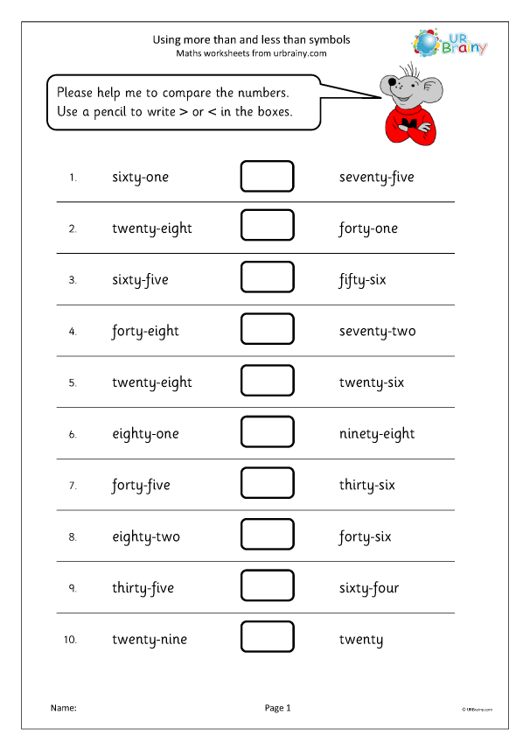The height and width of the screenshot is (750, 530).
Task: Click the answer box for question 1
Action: click(x=267, y=177)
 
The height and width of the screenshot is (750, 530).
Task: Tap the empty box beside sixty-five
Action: click(x=267, y=279)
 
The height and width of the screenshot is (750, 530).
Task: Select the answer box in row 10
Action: click(x=267, y=639)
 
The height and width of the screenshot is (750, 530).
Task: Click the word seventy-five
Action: click(x=376, y=177)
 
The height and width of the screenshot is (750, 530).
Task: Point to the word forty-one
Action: click(x=368, y=228)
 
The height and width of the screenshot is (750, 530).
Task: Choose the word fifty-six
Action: click(x=362, y=280)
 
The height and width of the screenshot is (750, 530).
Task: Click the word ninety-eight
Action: click(x=377, y=434)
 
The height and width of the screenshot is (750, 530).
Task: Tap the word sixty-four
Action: click(x=369, y=588)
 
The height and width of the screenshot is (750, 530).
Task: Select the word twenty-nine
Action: click(x=150, y=640)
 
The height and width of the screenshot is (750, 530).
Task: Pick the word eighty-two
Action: click(x=146, y=536)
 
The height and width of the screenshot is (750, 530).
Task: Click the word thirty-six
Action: click(x=366, y=485)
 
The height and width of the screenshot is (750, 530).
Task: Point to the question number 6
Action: click(x=73, y=434)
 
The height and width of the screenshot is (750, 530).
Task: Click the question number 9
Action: click(x=73, y=588)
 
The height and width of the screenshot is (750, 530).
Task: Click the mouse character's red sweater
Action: click(x=405, y=123)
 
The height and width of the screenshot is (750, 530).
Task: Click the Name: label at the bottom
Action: click(x=64, y=708)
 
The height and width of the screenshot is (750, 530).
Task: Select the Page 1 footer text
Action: click(x=277, y=708)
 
